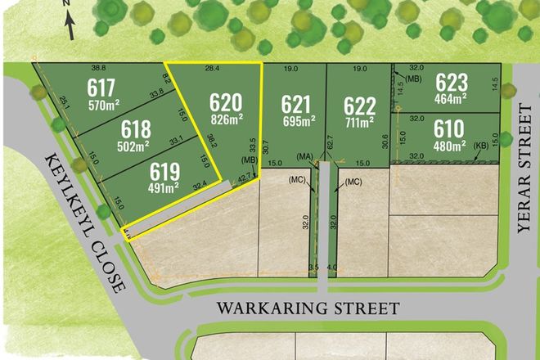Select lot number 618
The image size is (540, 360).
click(x=135, y=130)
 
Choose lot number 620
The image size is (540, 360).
click(x=226, y=104)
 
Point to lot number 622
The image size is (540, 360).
click(x=359, y=106)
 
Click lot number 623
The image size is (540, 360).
click(x=452, y=83)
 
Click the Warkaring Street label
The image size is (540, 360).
click(x=308, y=308)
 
